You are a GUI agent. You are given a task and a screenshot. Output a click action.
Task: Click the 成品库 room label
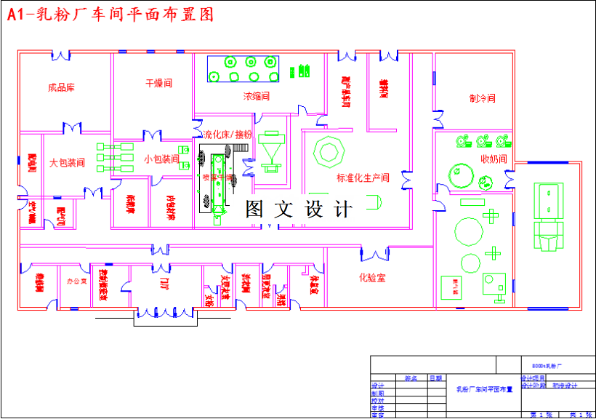[62, 87]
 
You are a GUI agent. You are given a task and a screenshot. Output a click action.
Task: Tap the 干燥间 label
[158, 83]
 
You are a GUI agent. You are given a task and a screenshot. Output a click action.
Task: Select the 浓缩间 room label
[257, 95]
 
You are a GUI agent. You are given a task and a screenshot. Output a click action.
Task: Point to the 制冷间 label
[482, 98]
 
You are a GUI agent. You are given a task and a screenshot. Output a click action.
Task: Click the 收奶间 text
[494, 159]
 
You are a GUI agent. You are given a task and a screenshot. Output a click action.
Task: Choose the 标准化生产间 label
[363, 177]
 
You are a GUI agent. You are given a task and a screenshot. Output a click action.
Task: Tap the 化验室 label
[372, 277]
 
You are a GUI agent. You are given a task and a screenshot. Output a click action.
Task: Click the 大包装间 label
[67, 163]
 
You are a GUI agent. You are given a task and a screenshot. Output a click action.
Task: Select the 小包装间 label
[161, 159]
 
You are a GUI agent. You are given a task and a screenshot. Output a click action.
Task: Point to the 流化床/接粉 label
[227, 135]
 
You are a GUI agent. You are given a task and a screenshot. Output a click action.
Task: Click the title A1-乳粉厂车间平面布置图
[110, 15]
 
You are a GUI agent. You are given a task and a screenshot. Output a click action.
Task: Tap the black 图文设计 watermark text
[299, 209]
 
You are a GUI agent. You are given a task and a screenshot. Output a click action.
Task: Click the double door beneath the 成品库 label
[73, 129]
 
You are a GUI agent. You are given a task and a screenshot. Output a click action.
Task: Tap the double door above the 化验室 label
[374, 255]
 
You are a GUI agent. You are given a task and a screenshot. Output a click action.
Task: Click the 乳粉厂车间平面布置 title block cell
[483, 389]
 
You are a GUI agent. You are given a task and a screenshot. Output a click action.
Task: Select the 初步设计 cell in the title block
[564, 386]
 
